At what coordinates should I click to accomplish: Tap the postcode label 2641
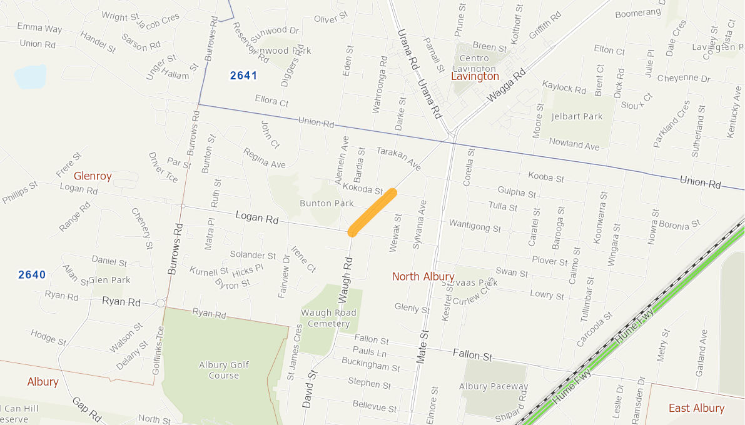(x=243, y=76)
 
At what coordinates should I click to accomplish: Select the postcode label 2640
(x=32, y=274)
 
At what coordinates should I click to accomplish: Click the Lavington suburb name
(x=475, y=76)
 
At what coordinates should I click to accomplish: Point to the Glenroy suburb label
(x=93, y=176)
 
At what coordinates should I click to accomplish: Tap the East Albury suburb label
(x=696, y=408)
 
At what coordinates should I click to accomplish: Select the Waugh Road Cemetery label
(x=328, y=318)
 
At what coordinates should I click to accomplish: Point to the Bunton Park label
(x=327, y=203)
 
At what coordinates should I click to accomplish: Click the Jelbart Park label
(x=577, y=116)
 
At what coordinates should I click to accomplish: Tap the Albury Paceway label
(x=494, y=386)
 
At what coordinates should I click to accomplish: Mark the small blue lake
(x=30, y=76)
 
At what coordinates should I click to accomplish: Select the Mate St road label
(x=422, y=347)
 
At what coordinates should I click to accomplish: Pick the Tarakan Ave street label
(x=398, y=159)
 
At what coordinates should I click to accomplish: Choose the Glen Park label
(x=109, y=280)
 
